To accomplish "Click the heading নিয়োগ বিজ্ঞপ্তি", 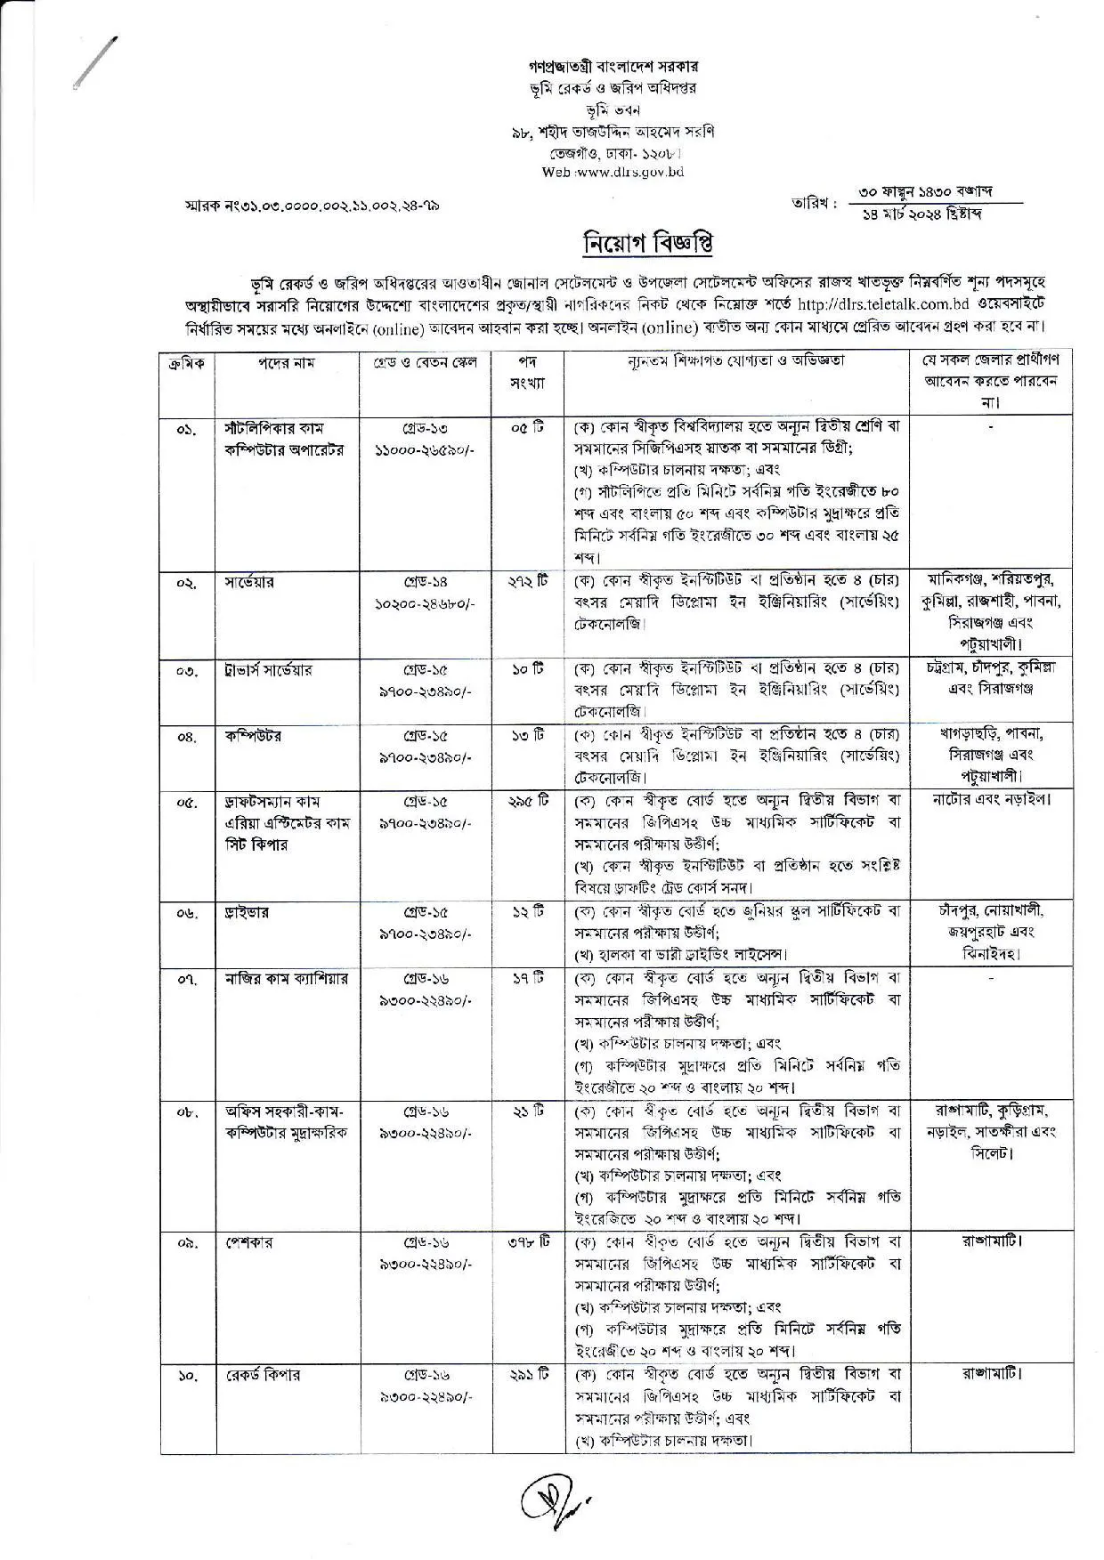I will point(647,242).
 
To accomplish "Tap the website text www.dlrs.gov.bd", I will point(633,172).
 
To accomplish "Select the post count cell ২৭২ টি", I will point(527,582).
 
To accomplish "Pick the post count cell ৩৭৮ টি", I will point(528,1241).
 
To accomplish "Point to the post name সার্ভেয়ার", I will point(250,582).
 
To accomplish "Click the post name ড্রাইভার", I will point(248,912).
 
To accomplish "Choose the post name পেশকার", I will point(248,1241).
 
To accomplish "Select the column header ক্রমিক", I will point(186,363).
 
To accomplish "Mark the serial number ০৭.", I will point(187,980).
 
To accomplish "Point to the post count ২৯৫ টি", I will point(528,801).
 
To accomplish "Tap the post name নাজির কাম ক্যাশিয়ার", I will point(286,979).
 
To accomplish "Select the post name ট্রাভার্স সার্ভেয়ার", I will point(269,669).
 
